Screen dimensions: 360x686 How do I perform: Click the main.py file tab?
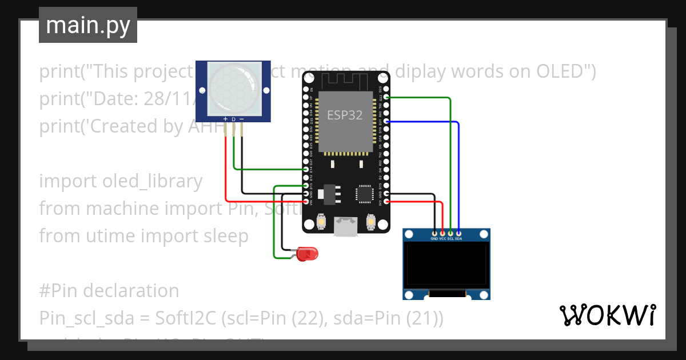[x=87, y=25]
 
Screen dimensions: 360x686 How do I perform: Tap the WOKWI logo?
[x=607, y=315]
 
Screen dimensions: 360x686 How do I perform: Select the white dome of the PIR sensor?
[x=233, y=87]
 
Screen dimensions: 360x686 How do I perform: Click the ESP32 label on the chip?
[x=344, y=115]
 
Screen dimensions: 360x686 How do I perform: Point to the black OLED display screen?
[x=446, y=265]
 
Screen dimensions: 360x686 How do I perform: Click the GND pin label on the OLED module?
[x=434, y=238]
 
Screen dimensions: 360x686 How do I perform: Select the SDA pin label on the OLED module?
[x=458, y=238]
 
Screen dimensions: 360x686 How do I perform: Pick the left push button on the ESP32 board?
[x=321, y=221]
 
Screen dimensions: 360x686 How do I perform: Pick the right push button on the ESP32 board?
[x=371, y=221]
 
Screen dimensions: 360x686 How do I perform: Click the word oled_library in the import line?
[x=152, y=181]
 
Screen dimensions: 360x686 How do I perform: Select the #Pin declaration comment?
[x=109, y=291]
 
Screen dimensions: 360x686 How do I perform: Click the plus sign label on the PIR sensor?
[x=225, y=119]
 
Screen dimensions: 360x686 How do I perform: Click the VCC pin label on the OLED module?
[x=442, y=238]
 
